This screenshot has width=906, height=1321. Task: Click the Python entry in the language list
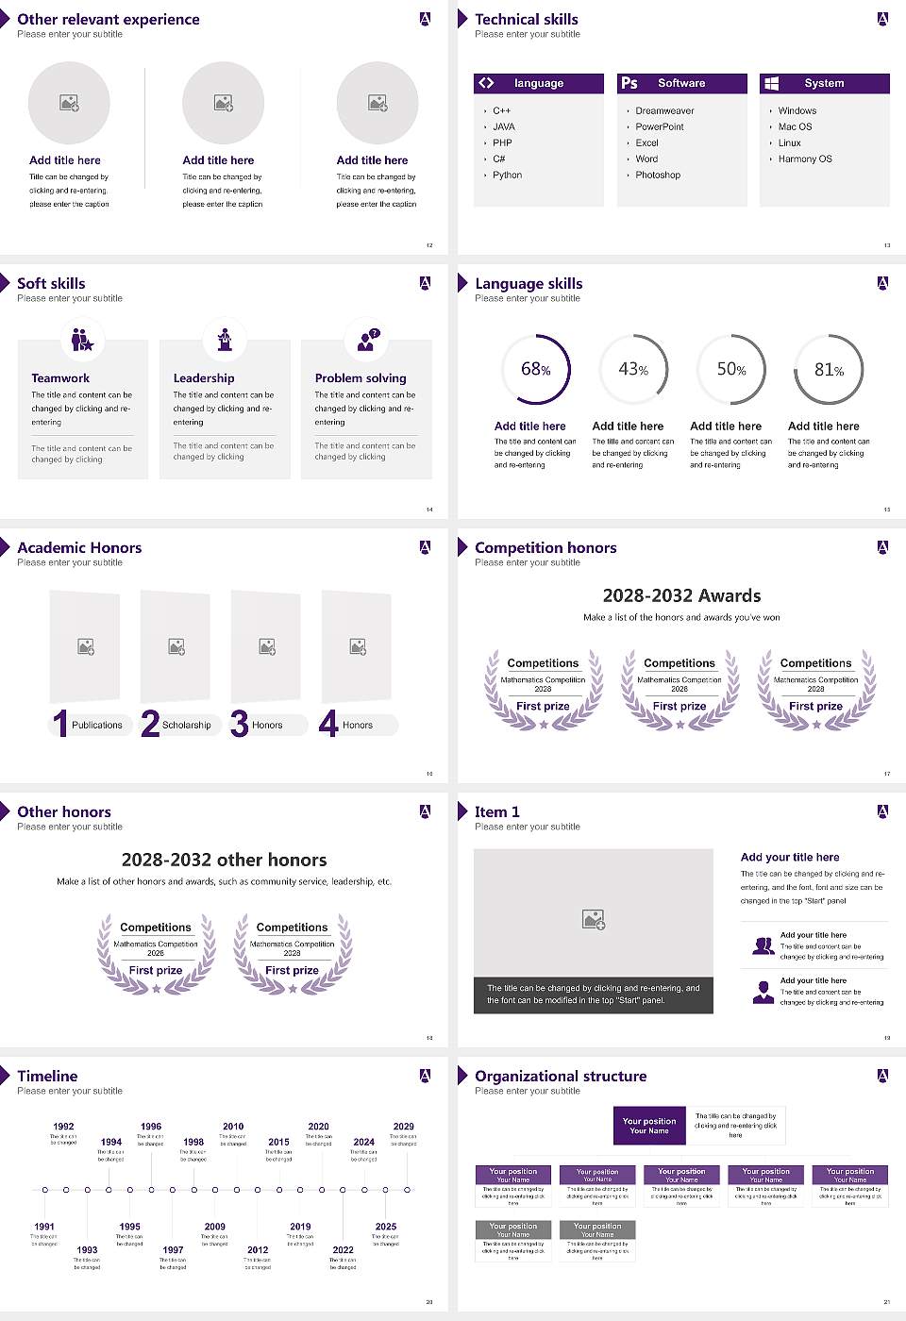click(507, 176)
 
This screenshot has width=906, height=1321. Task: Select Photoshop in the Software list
click(658, 176)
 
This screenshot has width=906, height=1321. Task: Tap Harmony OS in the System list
click(805, 159)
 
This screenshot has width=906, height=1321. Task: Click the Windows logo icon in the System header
click(771, 83)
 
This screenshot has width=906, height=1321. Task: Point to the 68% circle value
click(535, 369)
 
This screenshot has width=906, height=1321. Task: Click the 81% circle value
click(829, 370)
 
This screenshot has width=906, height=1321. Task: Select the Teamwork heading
click(60, 378)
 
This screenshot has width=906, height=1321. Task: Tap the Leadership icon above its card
click(225, 339)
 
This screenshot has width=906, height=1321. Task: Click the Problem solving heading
click(361, 378)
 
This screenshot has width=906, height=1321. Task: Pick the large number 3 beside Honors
click(239, 724)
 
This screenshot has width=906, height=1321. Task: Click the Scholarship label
click(186, 726)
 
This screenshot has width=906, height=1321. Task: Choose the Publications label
click(97, 726)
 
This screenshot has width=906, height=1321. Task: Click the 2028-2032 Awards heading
click(681, 596)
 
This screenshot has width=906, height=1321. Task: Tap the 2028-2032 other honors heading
click(224, 861)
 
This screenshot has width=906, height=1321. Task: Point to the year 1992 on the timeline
click(63, 1127)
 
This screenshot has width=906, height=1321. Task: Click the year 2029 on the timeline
click(403, 1127)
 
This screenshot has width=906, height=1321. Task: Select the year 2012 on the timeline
click(258, 1249)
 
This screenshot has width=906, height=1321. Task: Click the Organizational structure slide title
click(561, 1077)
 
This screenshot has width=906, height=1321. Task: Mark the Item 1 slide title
click(496, 812)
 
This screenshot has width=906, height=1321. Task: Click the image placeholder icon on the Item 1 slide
click(594, 919)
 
